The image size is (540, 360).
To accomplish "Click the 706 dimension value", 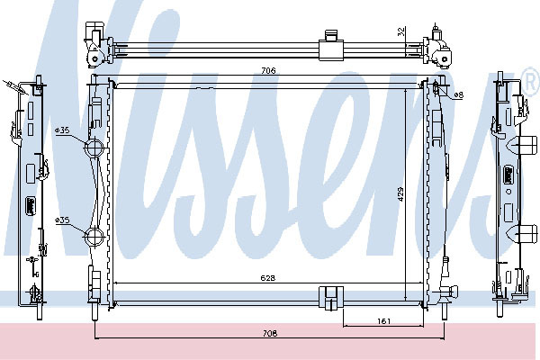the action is [268, 70].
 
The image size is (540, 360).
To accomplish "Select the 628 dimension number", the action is [268, 278].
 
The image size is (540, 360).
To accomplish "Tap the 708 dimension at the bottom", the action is [270, 333].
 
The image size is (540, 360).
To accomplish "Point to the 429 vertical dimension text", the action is [400, 194].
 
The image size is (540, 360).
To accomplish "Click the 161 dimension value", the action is [383, 321].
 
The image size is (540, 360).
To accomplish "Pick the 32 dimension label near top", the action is [400, 31].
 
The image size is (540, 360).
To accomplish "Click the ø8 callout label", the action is [458, 95].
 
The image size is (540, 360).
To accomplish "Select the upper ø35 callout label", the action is [62, 130].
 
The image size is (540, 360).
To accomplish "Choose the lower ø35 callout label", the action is [62, 220].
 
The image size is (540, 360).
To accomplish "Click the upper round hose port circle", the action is [94, 148].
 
